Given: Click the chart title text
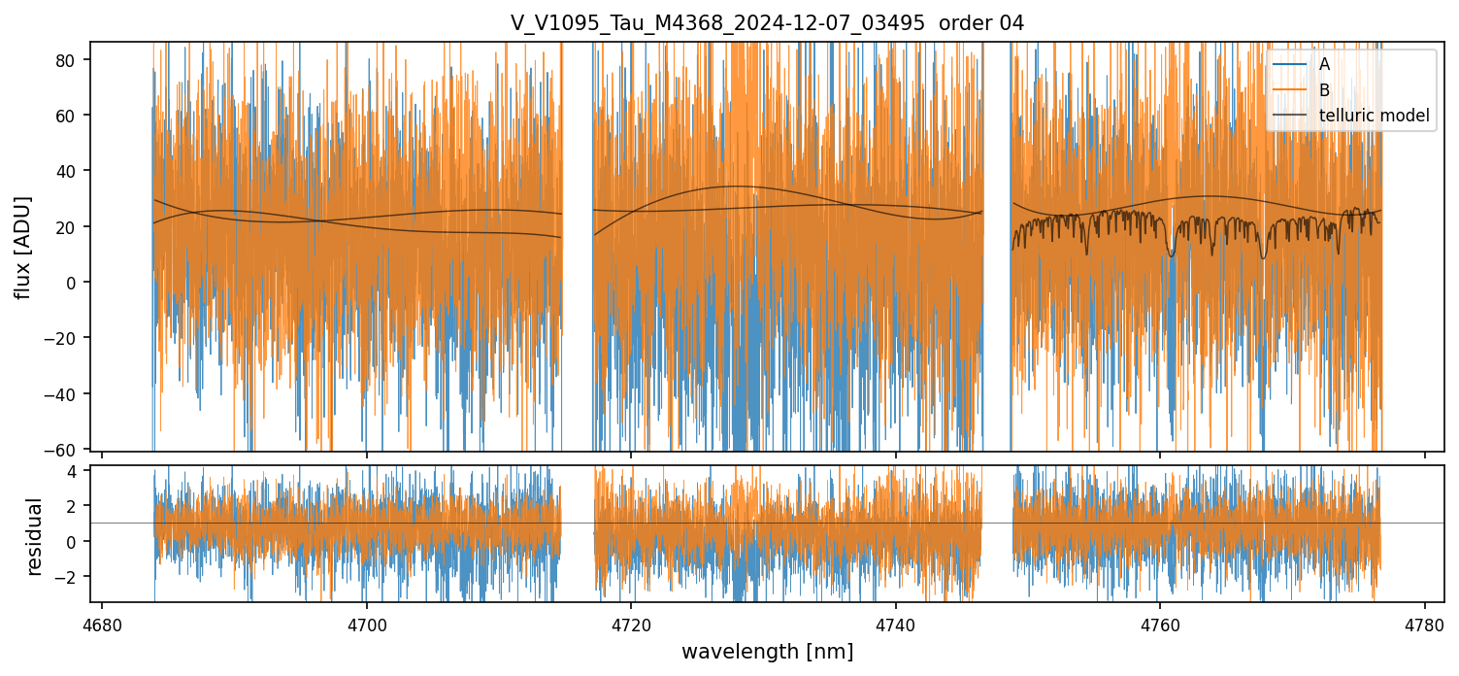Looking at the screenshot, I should [767, 23].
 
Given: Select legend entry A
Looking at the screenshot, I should [1324, 64].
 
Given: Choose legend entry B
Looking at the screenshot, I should [1324, 89].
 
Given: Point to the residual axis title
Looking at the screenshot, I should [35, 537].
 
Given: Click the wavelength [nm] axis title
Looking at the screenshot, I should [767, 652].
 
